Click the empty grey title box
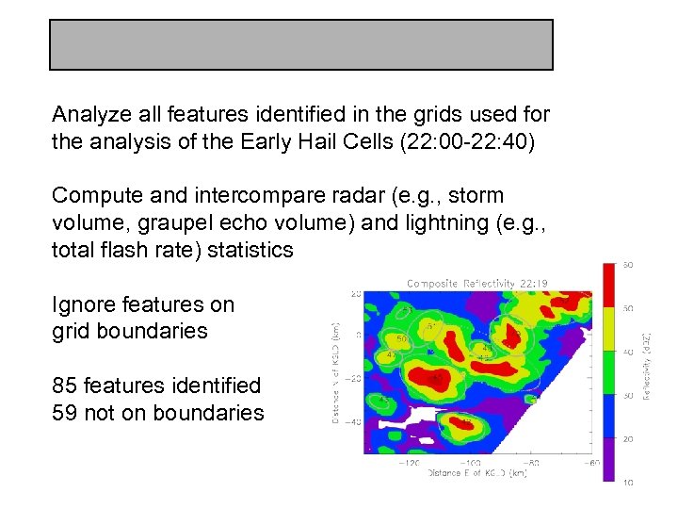[x=300, y=44]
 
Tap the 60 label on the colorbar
[x=627, y=264]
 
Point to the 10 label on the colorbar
[x=627, y=484]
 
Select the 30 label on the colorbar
[x=627, y=396]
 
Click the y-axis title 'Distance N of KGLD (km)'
[x=335, y=372]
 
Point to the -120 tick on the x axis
[x=410, y=463]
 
